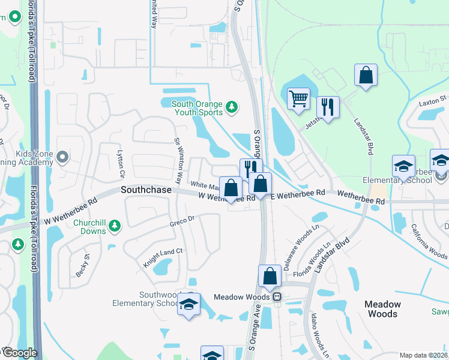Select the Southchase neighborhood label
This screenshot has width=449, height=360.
(x=146, y=189)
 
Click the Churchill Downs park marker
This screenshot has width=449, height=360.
(x=115, y=226)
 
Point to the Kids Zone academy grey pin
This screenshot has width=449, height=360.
(x=62, y=157)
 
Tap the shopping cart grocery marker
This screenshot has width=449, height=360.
(x=298, y=98)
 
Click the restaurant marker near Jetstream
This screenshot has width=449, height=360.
(x=328, y=106)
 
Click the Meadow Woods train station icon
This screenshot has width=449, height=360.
(x=277, y=297)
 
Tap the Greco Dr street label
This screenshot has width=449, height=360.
(x=183, y=220)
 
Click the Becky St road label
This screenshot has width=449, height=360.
(x=82, y=264)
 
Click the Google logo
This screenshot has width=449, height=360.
(x=19, y=353)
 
